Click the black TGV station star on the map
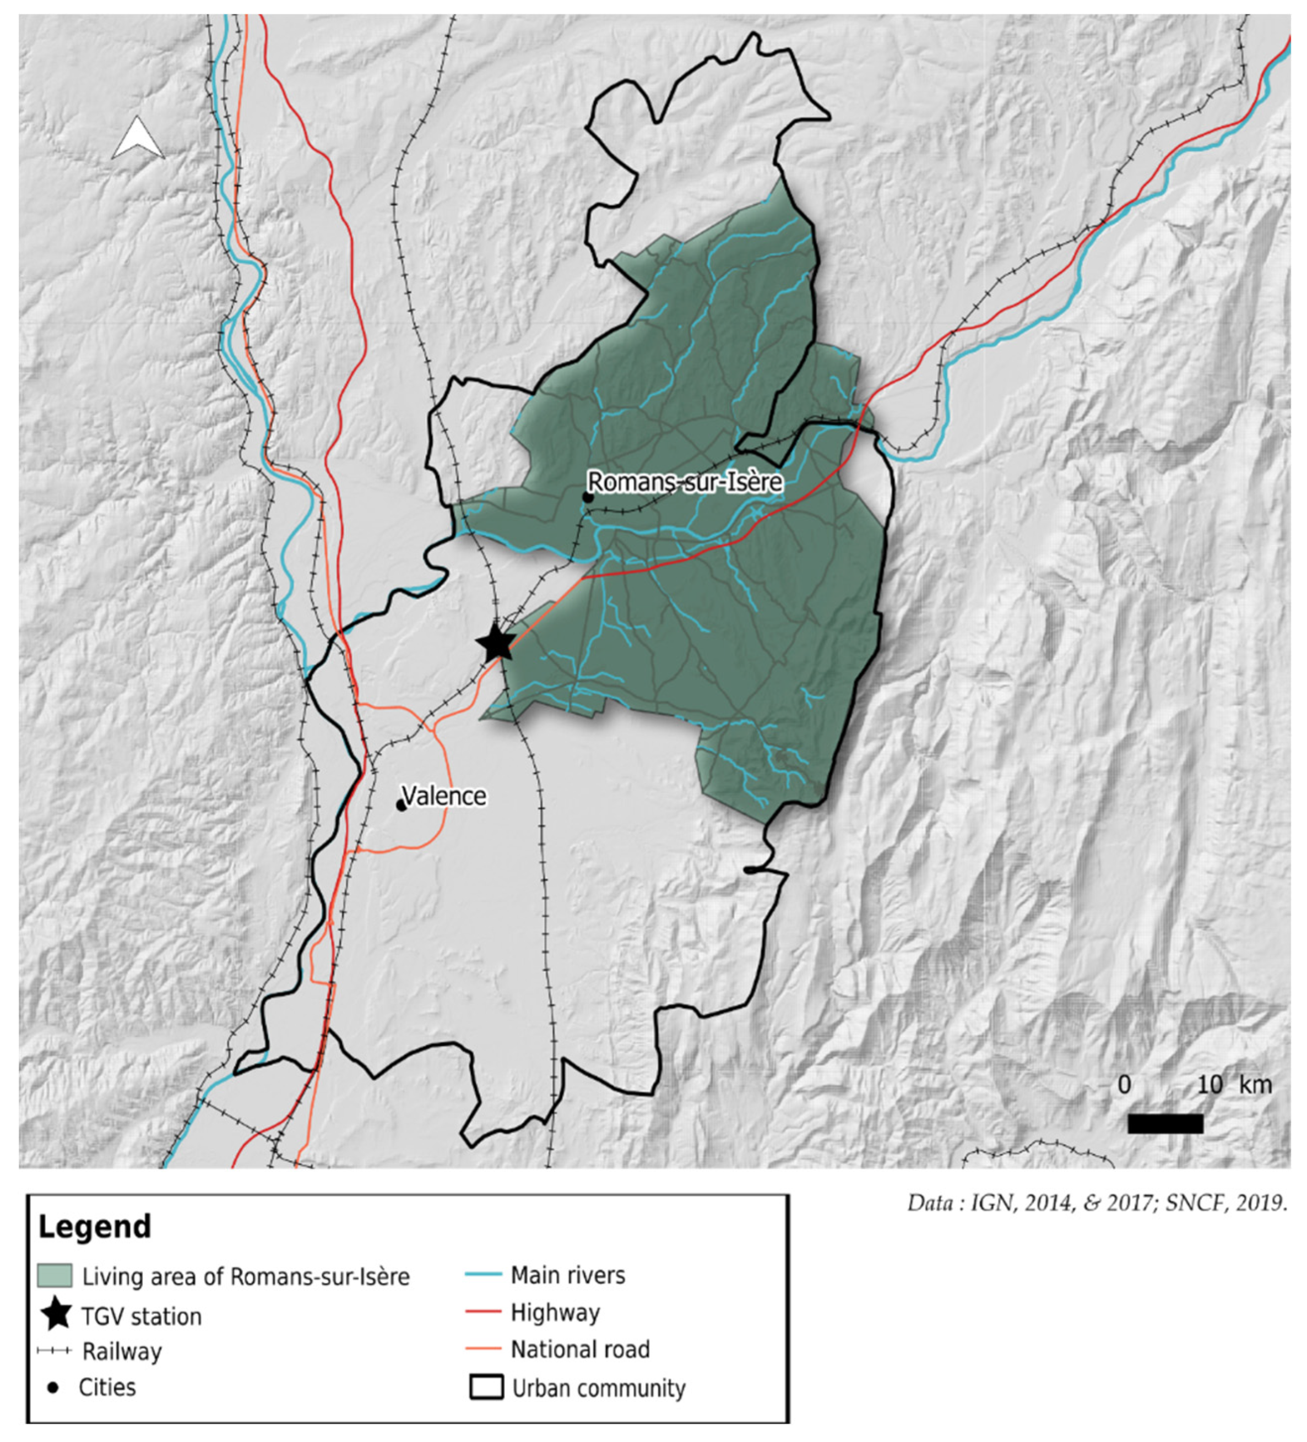[496, 643]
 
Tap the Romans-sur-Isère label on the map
[684, 482]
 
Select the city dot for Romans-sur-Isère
[587, 497]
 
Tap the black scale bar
[1165, 1124]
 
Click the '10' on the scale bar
[1209, 1085]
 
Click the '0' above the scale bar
[1125, 1085]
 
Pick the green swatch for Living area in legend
[55, 1275]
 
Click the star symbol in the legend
[56, 1315]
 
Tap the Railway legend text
[122, 1351]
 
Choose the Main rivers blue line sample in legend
[483, 1275]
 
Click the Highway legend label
[555, 1312]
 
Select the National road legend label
[579, 1349]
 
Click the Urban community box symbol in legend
[486, 1387]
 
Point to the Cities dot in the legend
[53, 1387]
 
